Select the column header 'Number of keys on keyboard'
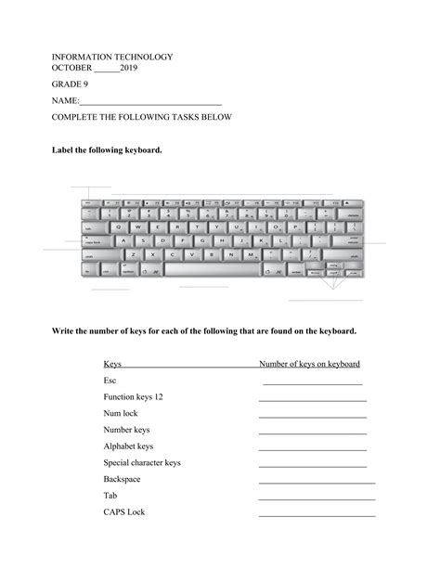click(309, 365)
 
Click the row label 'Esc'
click(110, 381)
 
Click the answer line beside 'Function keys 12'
click(313, 399)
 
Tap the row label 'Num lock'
click(120, 413)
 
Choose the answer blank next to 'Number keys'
click(313, 433)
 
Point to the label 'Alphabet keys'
click(128, 446)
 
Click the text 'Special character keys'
click(142, 462)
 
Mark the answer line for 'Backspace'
click(317, 482)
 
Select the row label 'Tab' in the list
click(110, 496)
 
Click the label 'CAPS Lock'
click(124, 512)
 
